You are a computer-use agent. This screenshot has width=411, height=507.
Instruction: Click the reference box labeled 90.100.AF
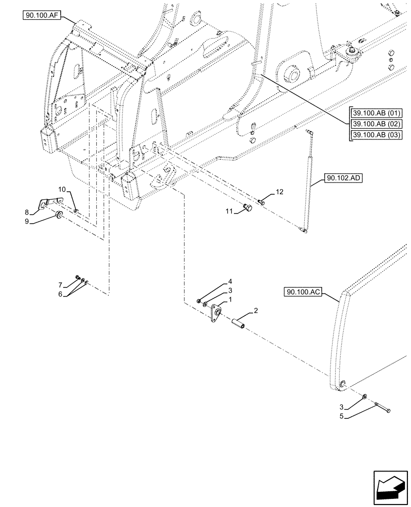pos(42,16)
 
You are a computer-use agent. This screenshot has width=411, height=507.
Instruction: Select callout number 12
pos(280,192)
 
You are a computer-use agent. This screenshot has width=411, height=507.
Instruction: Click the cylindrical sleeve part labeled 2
pos(241,322)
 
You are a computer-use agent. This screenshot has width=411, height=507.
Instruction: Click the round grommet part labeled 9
pos(59,216)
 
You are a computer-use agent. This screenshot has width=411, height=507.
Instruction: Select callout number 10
pos(61,189)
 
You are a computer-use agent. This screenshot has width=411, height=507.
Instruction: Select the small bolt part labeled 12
pos(261,202)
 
